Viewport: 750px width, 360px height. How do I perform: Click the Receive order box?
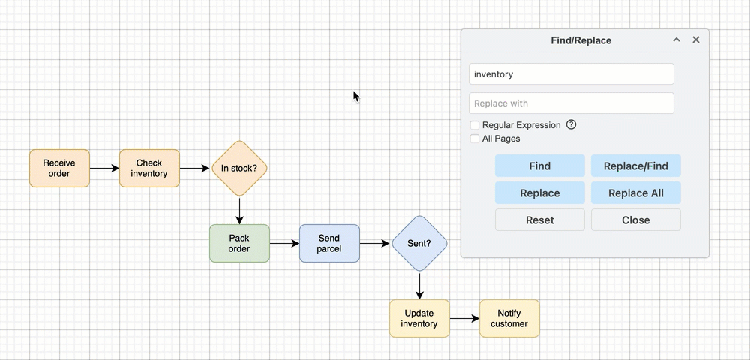(59, 168)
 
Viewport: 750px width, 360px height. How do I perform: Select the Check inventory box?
(149, 168)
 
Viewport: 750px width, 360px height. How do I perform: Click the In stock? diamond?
(239, 168)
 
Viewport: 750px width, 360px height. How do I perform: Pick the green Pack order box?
(239, 243)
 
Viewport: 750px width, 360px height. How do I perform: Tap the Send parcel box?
(329, 243)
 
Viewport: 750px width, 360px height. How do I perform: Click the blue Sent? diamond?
(419, 243)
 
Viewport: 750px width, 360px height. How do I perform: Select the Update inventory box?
(419, 318)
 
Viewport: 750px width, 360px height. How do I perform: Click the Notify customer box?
(509, 318)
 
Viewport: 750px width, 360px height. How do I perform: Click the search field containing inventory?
(571, 74)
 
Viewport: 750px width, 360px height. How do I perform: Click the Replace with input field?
(571, 103)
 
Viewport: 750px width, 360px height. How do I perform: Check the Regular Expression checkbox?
(475, 125)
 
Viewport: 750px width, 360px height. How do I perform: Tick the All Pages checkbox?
(475, 139)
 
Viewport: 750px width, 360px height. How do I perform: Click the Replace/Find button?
(635, 166)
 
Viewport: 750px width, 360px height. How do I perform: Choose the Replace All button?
(635, 193)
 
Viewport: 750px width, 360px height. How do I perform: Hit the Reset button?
(539, 220)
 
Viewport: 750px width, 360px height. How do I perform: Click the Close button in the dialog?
(635, 220)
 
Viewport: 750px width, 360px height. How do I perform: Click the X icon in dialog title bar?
(695, 40)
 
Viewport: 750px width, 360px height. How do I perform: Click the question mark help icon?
(571, 125)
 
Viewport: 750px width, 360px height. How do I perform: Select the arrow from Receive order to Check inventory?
(104, 168)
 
